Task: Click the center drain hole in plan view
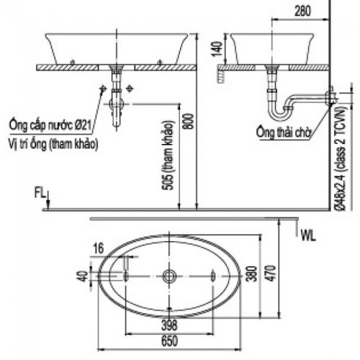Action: click(x=170, y=276)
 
